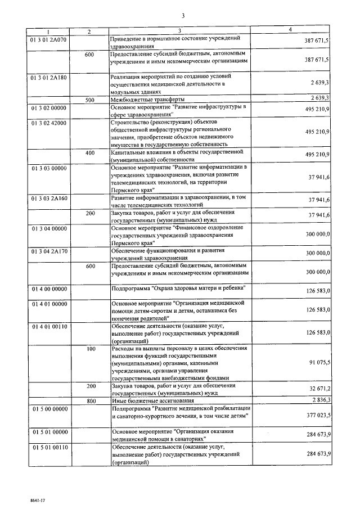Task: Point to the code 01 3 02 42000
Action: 48,122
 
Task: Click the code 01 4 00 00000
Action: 48,288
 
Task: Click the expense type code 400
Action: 90,153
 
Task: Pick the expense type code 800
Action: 90,400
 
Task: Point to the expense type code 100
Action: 90,349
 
